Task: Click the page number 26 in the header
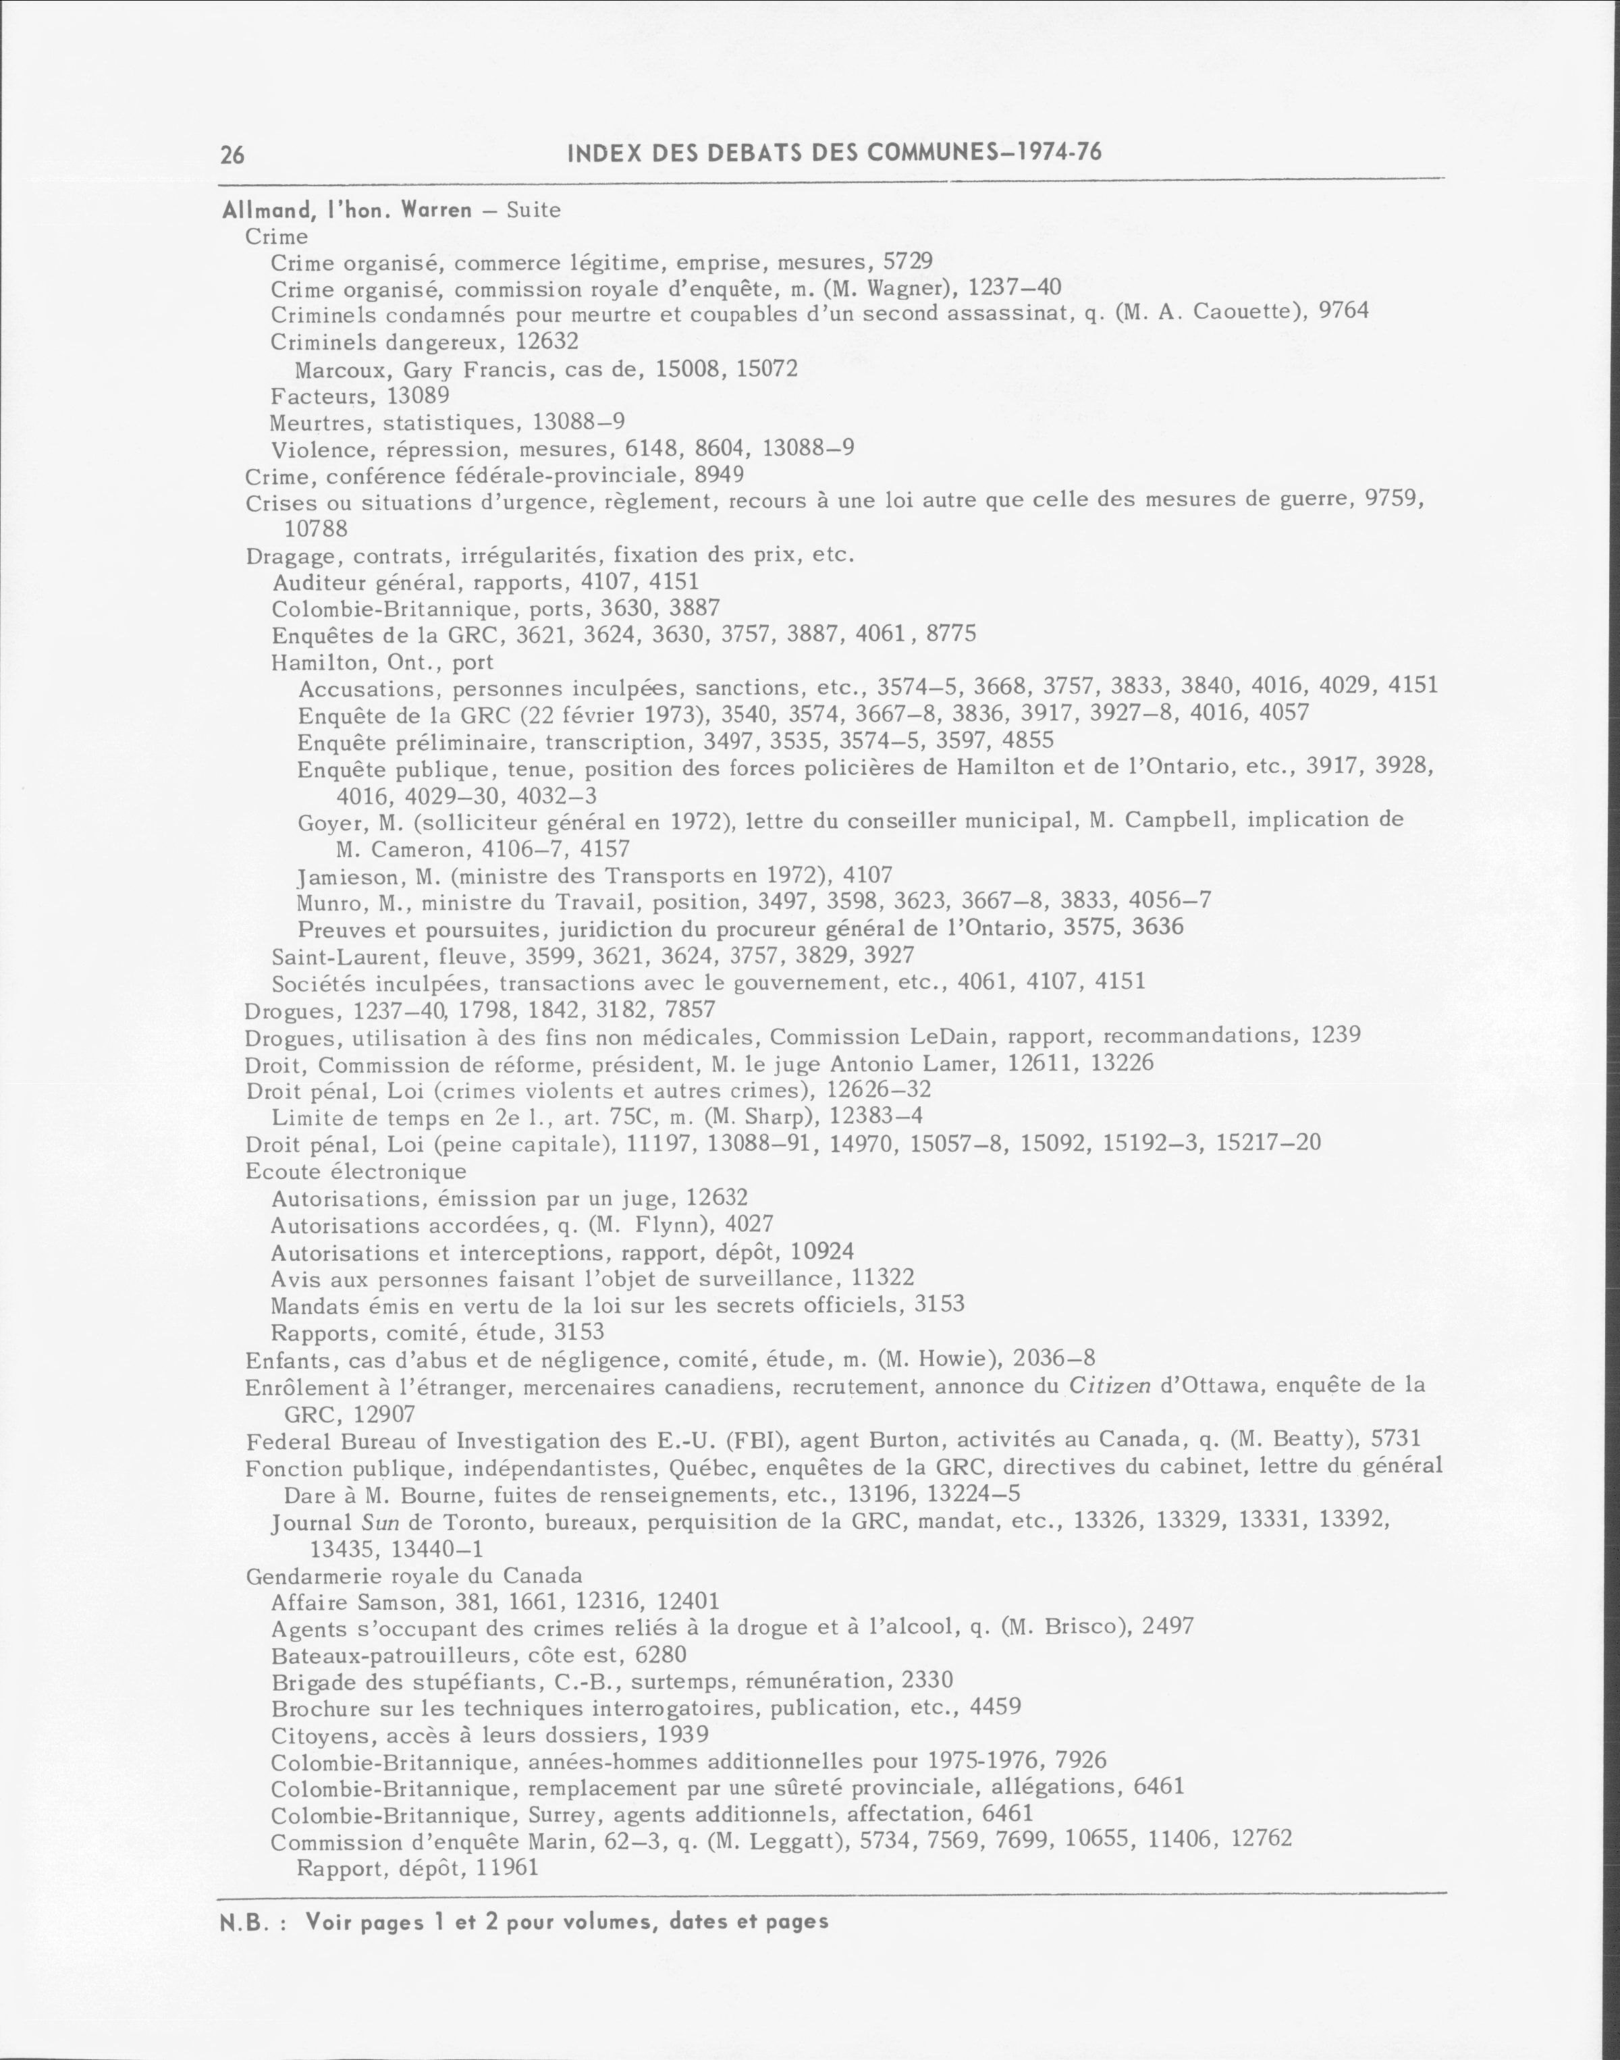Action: coord(232,155)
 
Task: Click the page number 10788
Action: coord(316,528)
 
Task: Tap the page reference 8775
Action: coord(951,634)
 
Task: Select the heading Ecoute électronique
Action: coord(356,1171)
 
